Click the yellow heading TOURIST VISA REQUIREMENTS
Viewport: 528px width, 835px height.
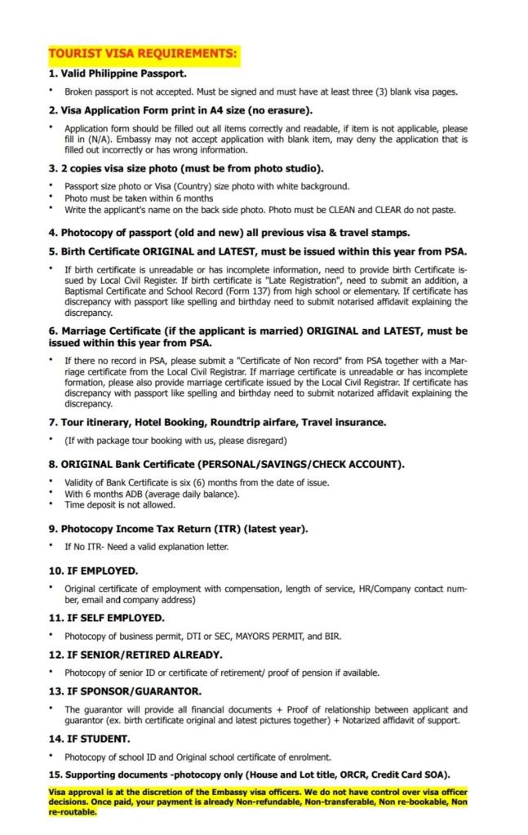[143, 55]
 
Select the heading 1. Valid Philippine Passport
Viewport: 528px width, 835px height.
[118, 73]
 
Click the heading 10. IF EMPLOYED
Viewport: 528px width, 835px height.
[93, 570]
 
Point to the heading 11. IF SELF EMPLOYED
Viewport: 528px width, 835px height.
[106, 618]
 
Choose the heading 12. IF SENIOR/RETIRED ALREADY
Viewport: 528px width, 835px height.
[135, 655]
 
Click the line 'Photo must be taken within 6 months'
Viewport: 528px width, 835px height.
[139, 198]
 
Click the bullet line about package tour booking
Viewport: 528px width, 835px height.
[175, 440]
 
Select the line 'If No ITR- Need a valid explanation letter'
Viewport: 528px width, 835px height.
[146, 546]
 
